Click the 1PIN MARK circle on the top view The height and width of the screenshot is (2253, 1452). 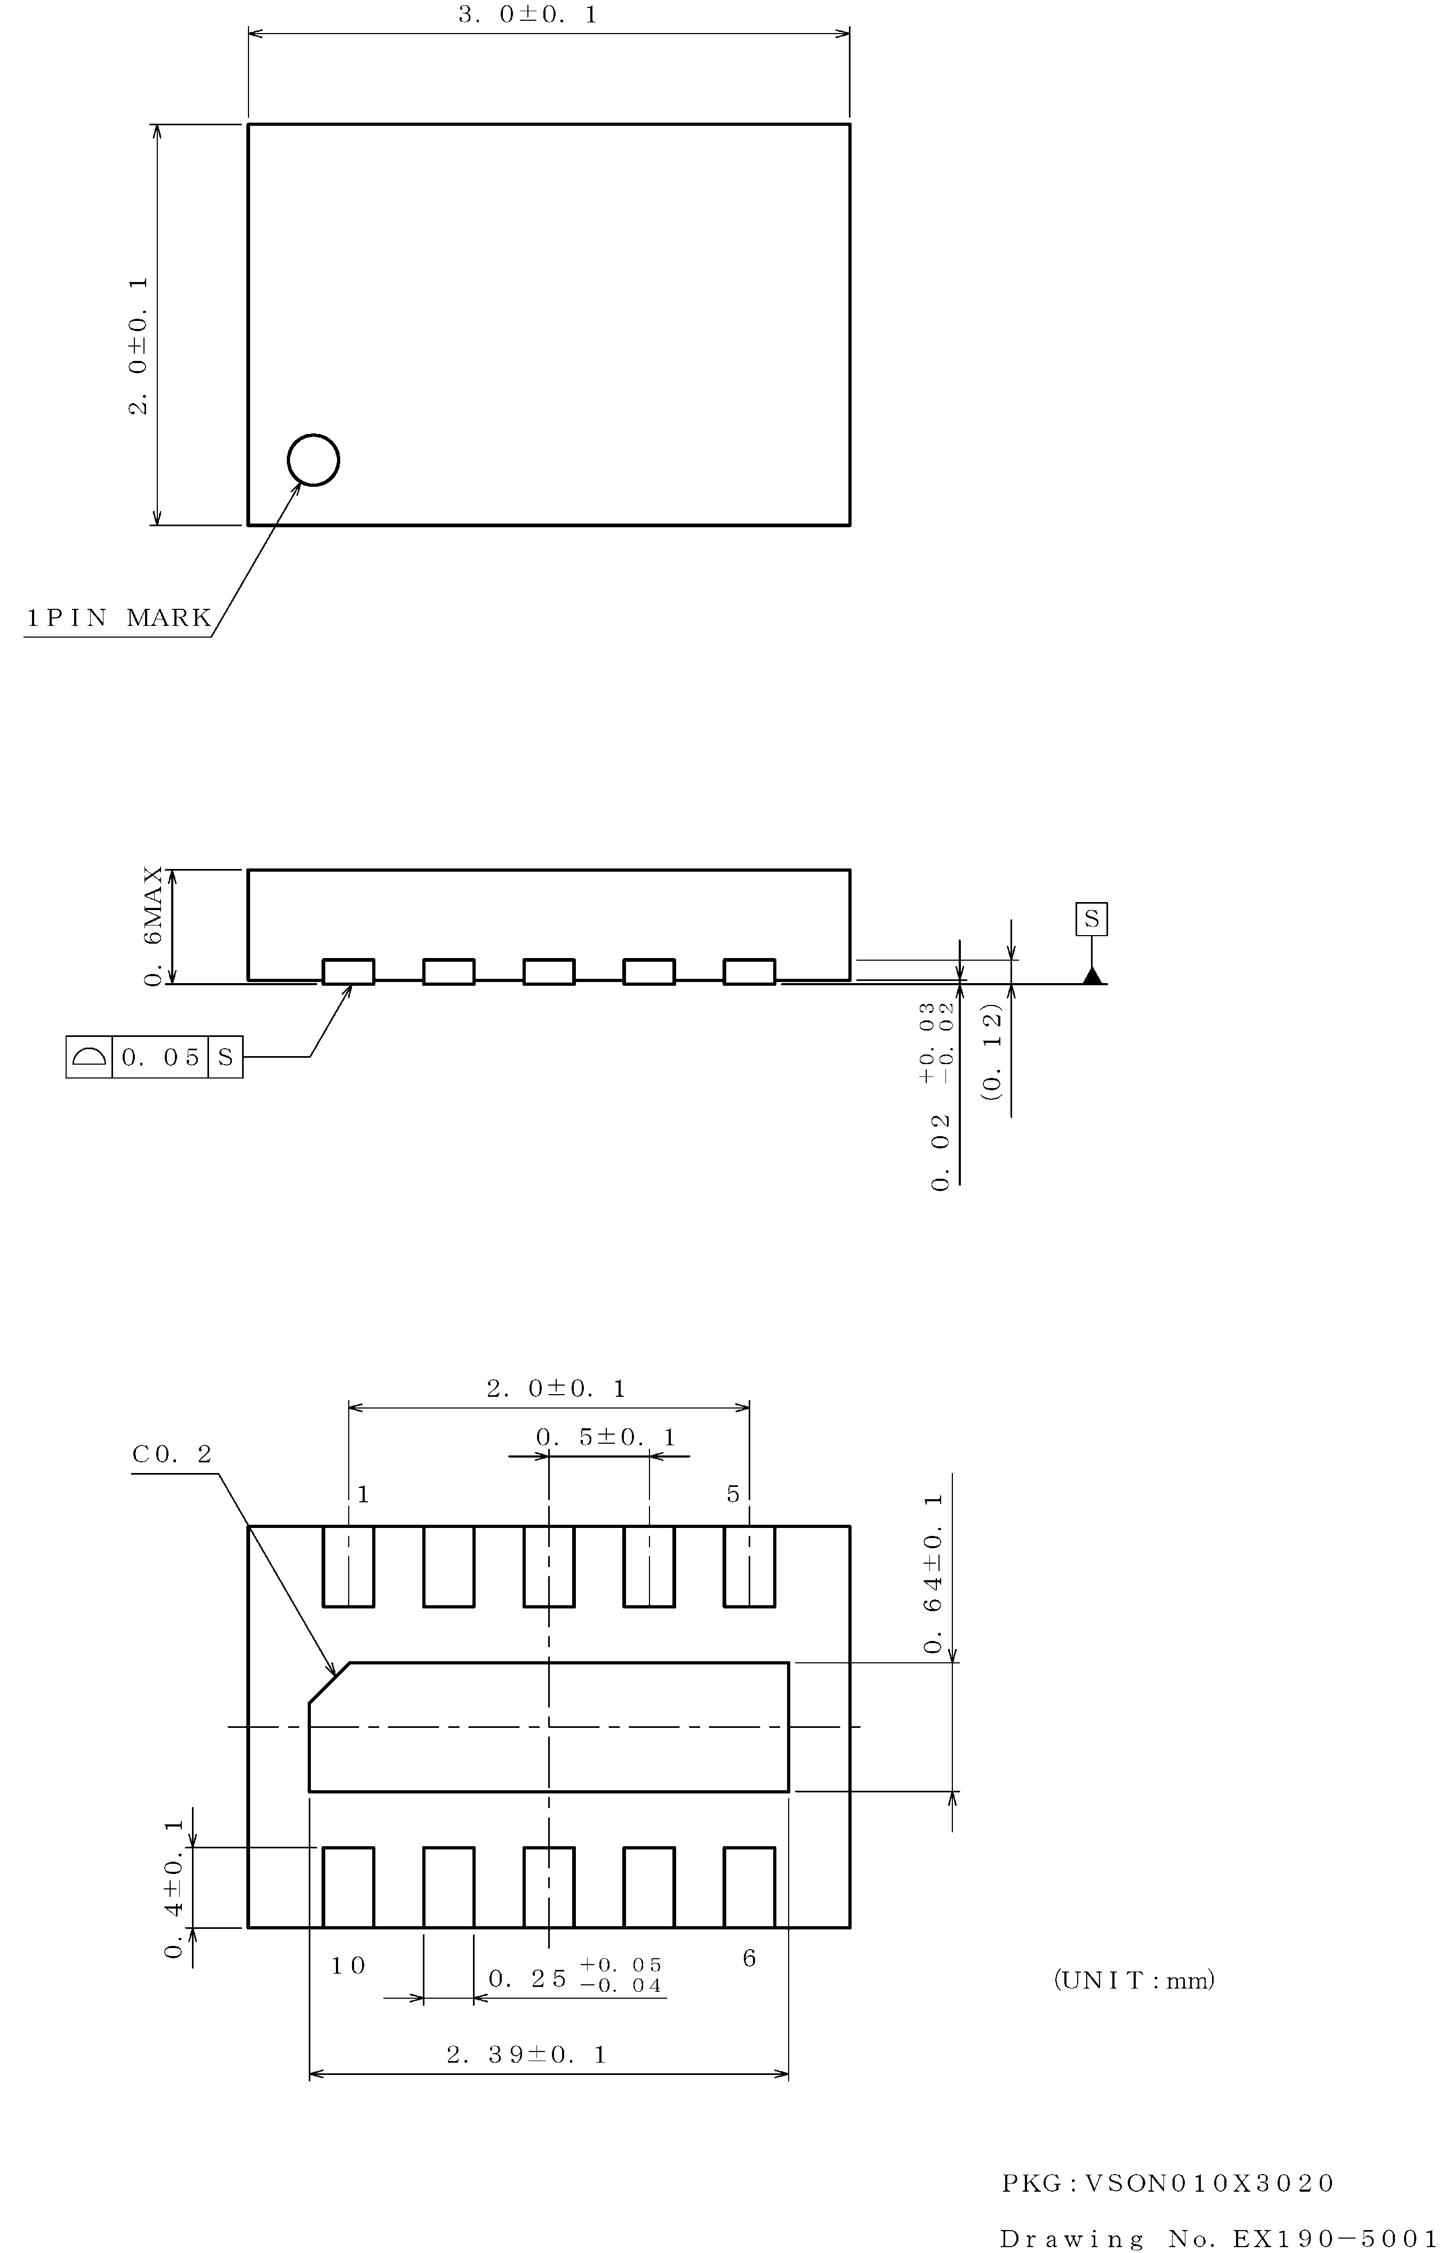[x=313, y=460]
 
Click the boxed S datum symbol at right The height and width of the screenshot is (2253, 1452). [x=1092, y=919]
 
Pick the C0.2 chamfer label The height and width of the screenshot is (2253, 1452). [x=173, y=1454]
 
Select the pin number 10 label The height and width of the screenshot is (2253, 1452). [x=348, y=1966]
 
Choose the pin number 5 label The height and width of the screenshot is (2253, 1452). [x=734, y=1494]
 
